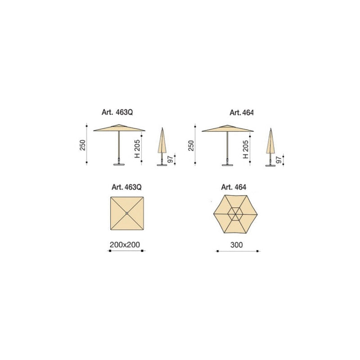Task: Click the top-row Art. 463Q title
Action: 117,112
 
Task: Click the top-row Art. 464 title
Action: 242,113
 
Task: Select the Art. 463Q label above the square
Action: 126,187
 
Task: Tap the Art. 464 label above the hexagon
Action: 234,187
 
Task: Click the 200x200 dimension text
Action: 125,245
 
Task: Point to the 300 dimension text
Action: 237,245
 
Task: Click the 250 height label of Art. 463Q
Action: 82,145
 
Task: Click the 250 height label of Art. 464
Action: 191,145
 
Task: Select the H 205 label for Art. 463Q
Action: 137,149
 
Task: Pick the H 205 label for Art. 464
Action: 246,149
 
